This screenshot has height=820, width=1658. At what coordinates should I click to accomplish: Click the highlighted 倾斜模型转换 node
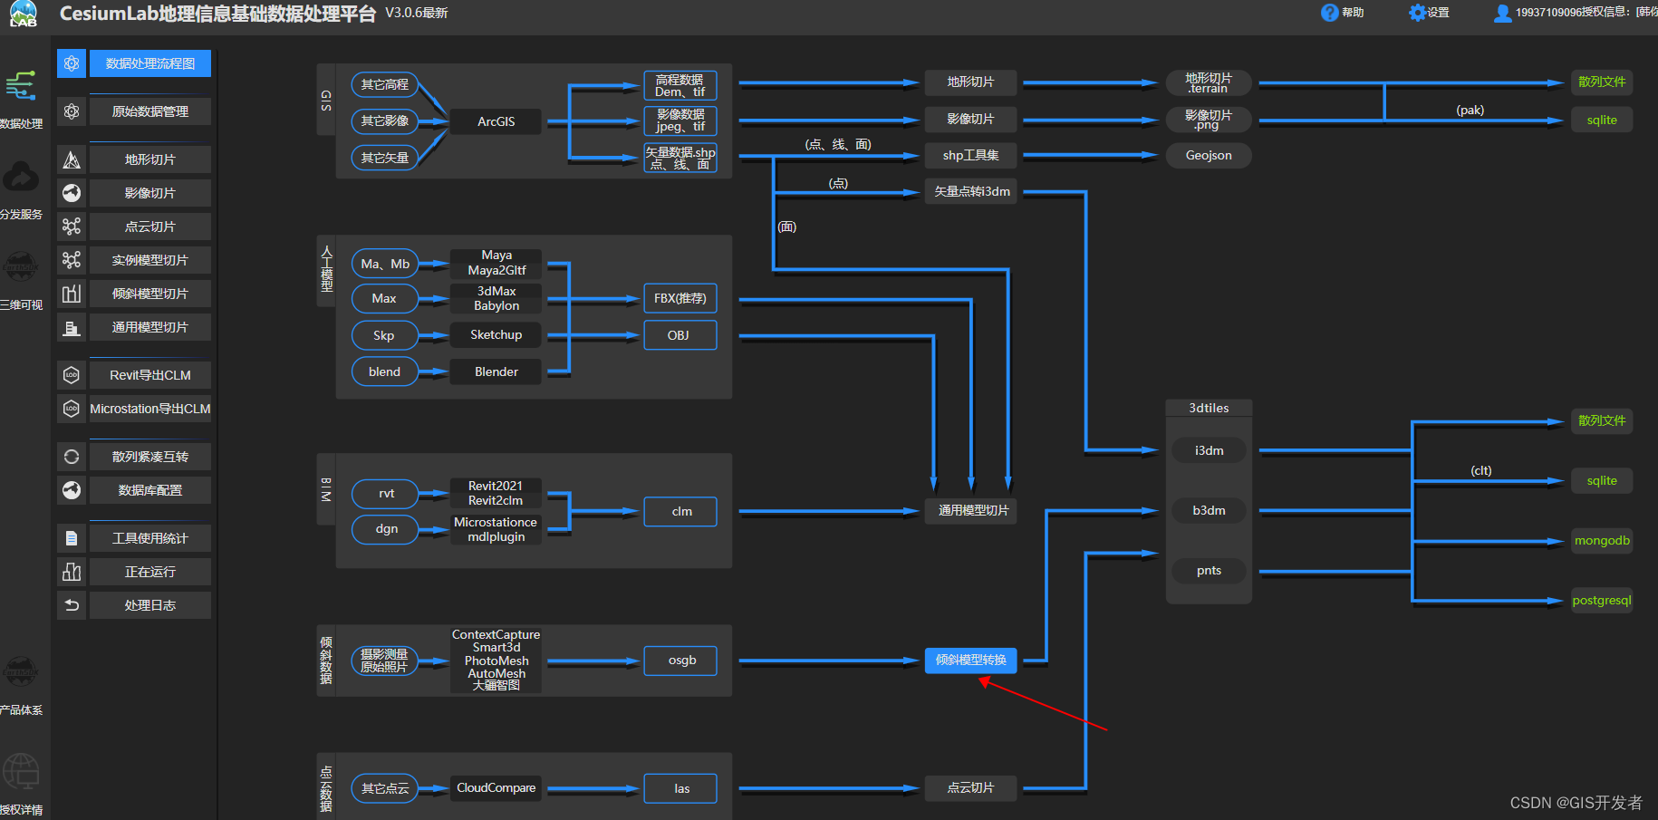tap(970, 660)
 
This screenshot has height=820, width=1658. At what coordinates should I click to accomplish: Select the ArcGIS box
tap(496, 121)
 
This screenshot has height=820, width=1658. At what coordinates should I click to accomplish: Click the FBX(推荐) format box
tap(680, 298)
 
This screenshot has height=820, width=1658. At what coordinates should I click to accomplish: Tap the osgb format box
tap(681, 661)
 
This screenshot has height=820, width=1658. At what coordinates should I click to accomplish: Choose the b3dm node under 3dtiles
tap(1209, 511)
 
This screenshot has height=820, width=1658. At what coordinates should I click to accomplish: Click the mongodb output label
tap(1601, 541)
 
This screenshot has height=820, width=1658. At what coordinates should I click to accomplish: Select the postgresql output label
tap(1601, 601)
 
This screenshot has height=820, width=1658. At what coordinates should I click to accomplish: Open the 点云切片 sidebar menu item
tap(150, 227)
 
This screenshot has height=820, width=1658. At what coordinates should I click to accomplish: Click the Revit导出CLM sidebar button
tap(150, 375)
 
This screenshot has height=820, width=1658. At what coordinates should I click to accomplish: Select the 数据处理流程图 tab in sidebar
tap(150, 63)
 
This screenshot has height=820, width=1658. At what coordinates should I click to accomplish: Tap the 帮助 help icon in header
tap(1329, 13)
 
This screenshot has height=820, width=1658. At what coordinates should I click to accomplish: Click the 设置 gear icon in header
tap(1417, 13)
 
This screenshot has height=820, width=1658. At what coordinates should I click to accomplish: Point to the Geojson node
tap(1209, 156)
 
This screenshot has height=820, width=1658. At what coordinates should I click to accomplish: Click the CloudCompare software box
tap(496, 788)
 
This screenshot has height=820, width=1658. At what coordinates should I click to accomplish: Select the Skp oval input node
tap(384, 335)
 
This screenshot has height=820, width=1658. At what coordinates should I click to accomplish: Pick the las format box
tap(681, 788)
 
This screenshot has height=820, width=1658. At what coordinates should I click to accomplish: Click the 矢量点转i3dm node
tap(971, 192)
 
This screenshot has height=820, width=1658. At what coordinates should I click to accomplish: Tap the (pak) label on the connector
tap(1470, 111)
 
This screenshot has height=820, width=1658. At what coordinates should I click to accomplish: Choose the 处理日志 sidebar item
tap(150, 605)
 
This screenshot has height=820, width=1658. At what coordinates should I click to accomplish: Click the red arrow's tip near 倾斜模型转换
tap(982, 680)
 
